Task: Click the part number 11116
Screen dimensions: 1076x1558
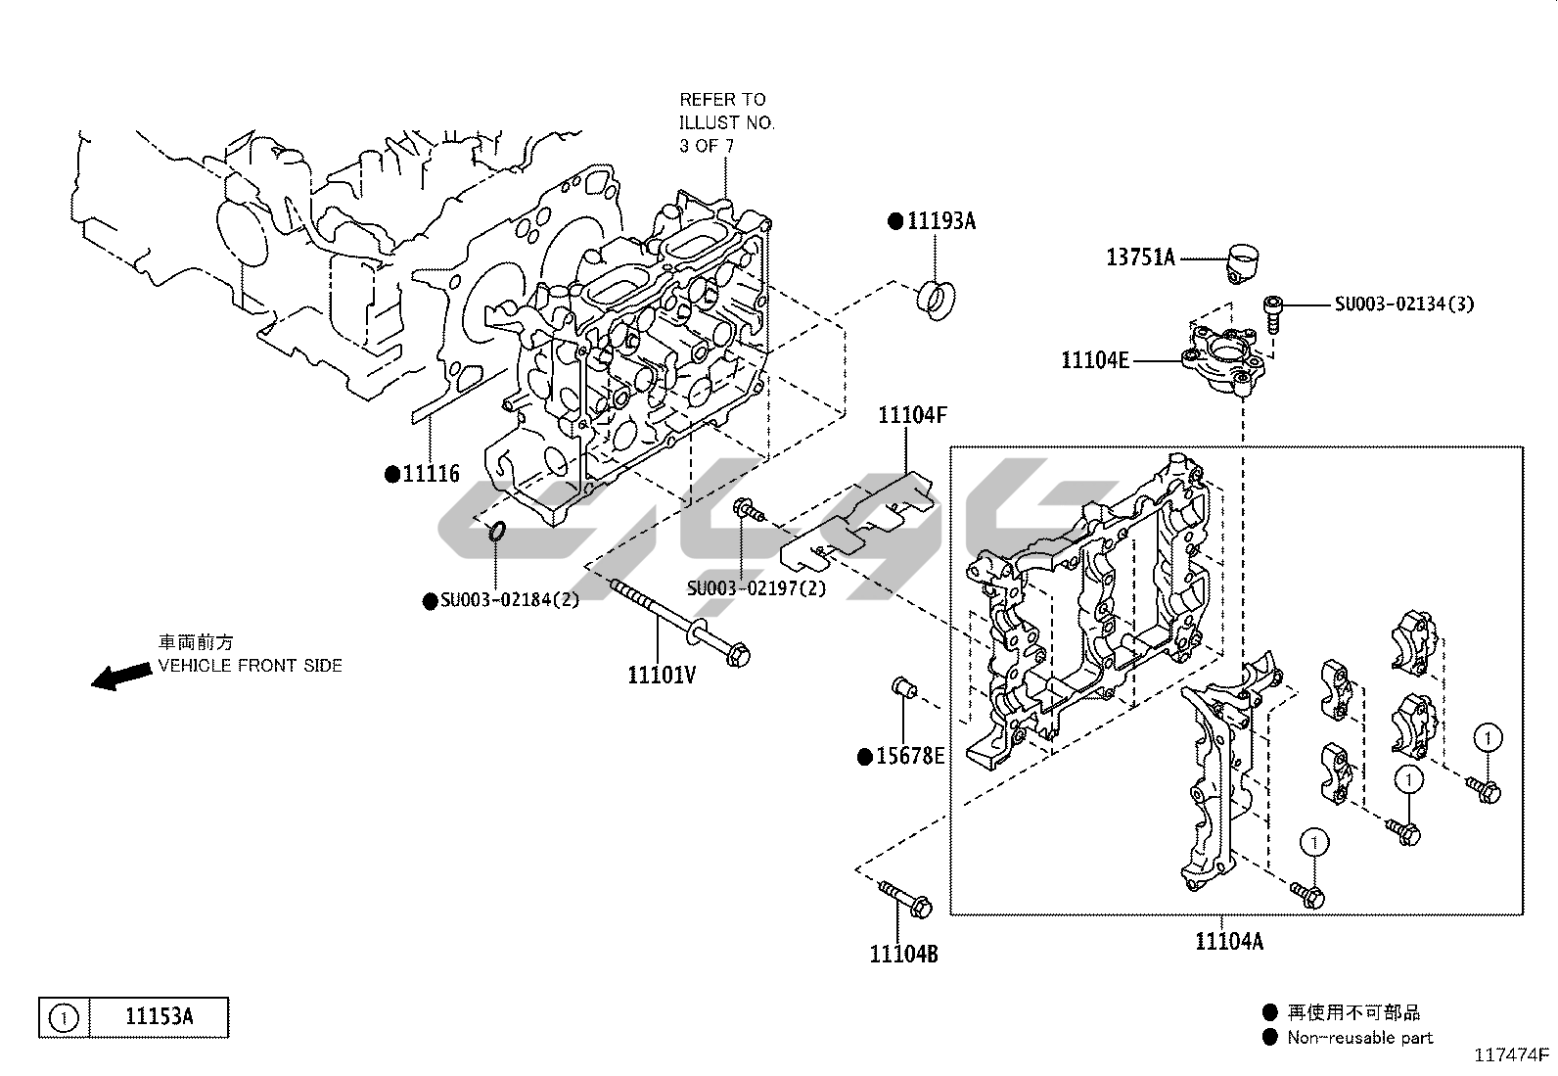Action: coord(431,475)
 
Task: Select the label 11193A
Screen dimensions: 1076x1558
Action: coord(940,221)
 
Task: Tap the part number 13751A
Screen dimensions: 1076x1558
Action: coord(1140,257)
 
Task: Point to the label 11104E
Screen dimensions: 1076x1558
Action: coord(1095,360)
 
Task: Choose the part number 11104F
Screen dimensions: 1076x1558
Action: coord(912,415)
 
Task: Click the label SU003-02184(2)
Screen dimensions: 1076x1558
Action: coord(509,600)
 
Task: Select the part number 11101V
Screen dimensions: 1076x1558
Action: coord(662,675)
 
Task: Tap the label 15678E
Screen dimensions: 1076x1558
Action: coord(909,757)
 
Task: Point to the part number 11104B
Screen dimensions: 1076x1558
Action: coord(903,953)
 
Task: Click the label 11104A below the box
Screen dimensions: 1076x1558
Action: coord(1228,942)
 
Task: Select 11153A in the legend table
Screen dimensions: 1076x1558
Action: coord(159,1017)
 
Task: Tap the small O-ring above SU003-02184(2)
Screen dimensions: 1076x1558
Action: coord(496,532)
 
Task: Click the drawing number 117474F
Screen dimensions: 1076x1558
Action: coord(1513,1055)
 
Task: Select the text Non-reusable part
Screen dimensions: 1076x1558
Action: coord(1359,1037)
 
